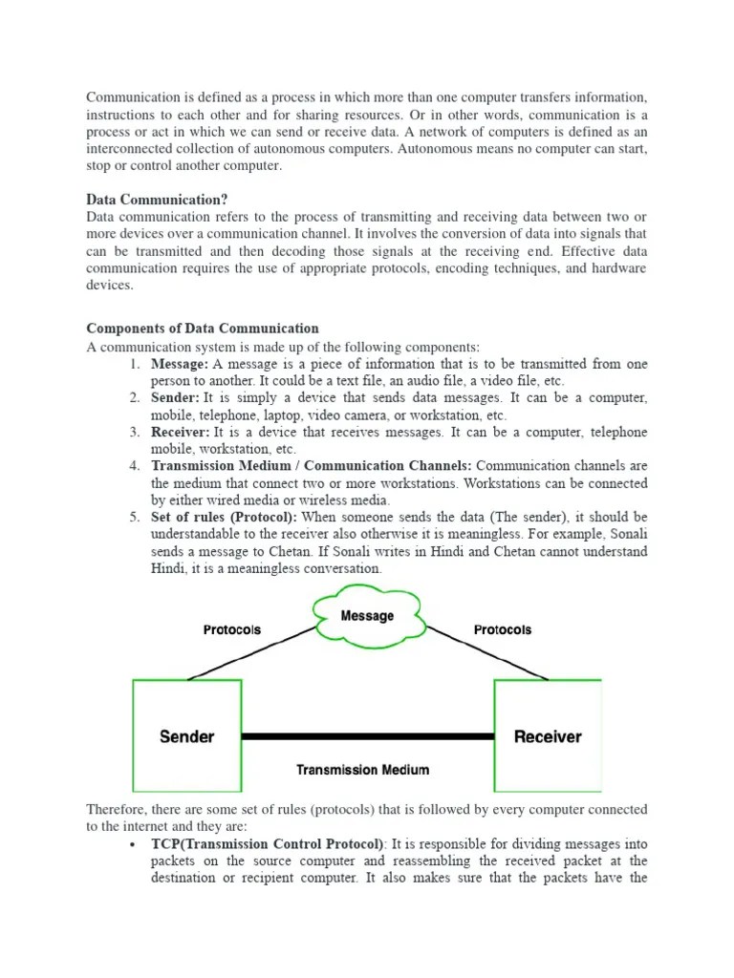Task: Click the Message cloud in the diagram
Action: [367, 616]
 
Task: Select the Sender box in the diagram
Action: [186, 736]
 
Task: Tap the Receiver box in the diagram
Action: [547, 736]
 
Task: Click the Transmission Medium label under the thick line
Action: [362, 770]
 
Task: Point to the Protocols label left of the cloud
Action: [231, 629]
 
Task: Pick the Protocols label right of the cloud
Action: [503, 629]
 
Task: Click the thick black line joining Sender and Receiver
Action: [367, 736]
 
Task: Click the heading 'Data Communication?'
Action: [157, 200]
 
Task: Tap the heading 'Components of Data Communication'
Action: [203, 329]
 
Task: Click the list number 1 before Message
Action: [134, 364]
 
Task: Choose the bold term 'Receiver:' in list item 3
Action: [180, 433]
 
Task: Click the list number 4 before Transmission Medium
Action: [134, 466]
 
